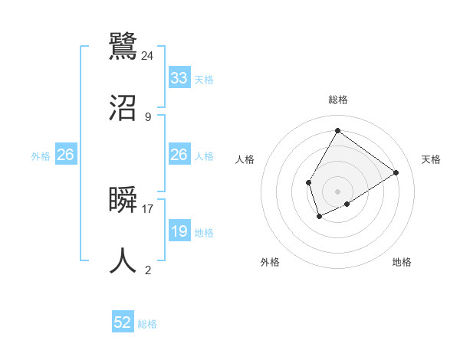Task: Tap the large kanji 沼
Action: point(123,108)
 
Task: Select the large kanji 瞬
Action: point(123,201)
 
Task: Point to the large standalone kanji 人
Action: point(123,260)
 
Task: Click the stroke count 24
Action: point(148,55)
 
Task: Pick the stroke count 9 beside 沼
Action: point(148,117)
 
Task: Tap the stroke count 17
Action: point(148,208)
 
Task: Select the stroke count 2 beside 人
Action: point(148,270)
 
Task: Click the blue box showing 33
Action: point(179,78)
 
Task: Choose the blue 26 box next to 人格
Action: point(179,155)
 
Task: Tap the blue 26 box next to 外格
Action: point(66,155)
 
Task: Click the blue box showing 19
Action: point(179,231)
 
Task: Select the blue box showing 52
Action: point(123,322)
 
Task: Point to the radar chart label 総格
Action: point(338,100)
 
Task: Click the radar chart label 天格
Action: point(431,159)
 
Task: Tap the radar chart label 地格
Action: point(402,262)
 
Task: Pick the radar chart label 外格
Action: point(270,262)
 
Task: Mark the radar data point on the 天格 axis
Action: point(396,172)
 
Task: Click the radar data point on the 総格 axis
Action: point(337,130)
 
